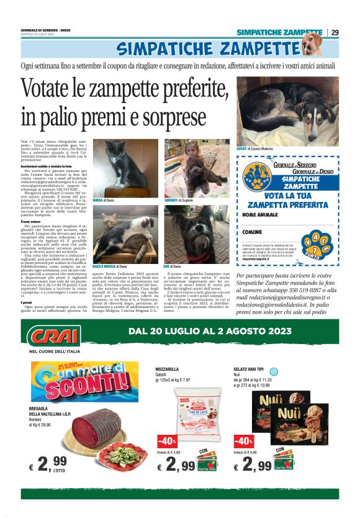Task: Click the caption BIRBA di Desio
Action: [x=104, y=201]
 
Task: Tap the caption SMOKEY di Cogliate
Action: [x=178, y=201]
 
